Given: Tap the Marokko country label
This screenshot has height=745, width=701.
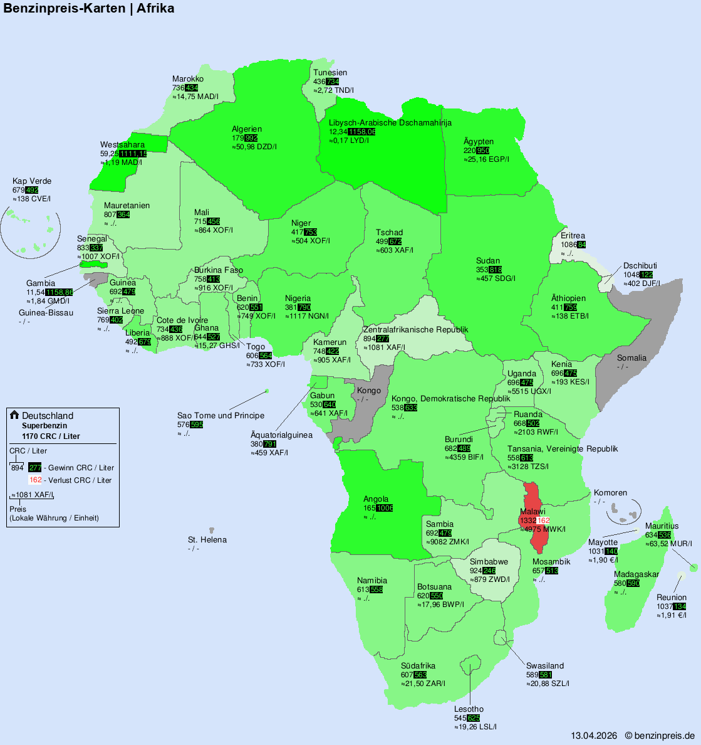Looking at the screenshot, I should click(188, 79).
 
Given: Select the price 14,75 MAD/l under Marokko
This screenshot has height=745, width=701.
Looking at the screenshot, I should click(195, 97).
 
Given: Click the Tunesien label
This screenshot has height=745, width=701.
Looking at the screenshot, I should click(330, 73).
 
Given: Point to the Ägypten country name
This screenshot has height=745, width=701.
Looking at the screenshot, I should click(479, 142).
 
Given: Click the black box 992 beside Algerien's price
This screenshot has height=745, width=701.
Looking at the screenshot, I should click(251, 138).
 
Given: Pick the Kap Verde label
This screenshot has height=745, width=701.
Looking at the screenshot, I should click(32, 181).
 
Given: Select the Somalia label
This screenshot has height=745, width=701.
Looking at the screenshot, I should click(631, 358).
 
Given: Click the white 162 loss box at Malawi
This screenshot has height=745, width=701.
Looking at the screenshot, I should click(543, 520).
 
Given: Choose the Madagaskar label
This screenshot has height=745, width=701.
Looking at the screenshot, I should click(636, 574).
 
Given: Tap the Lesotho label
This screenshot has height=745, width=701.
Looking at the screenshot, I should click(469, 709).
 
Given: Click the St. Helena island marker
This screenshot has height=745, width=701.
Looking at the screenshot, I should click(212, 531).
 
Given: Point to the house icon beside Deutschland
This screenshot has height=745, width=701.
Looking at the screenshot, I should click(14, 415).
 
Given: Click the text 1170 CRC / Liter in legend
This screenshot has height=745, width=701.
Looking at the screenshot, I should click(51, 436).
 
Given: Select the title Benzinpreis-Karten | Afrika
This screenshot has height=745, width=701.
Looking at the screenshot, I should click(89, 8).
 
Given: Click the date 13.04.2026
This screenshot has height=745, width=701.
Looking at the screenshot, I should click(594, 736).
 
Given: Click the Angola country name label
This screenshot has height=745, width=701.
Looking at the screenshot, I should click(376, 499).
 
